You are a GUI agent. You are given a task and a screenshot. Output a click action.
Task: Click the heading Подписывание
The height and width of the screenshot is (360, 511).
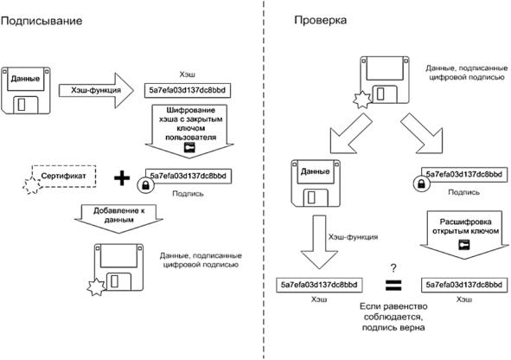[42, 21]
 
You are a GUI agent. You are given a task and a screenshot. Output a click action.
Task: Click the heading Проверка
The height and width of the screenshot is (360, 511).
[321, 20]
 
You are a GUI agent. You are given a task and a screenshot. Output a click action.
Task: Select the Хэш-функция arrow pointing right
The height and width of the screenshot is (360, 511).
[96, 90]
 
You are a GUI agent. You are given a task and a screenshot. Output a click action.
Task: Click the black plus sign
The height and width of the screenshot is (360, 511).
[122, 178]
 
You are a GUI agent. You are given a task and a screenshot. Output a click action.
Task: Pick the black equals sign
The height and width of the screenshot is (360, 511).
[393, 285]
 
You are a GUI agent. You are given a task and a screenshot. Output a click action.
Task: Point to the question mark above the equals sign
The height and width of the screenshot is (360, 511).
[393, 268]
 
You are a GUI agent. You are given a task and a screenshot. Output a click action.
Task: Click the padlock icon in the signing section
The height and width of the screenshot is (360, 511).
[145, 185]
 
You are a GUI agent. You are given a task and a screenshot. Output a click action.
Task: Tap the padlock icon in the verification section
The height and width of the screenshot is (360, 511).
[421, 183]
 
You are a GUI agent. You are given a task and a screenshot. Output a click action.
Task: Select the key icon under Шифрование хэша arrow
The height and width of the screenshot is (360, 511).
[189, 147]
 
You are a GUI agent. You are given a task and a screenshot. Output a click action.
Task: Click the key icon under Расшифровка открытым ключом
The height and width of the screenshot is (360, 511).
[464, 245]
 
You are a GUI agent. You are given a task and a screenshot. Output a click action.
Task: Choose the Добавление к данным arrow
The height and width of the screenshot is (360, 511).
[118, 219]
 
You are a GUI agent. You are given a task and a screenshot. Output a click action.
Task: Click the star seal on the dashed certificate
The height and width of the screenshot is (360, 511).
[32, 186]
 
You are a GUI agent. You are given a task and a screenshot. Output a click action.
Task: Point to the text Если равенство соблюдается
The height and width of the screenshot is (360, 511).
[393, 312]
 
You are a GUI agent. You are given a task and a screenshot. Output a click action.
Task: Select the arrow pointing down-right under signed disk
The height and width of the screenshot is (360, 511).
[422, 133]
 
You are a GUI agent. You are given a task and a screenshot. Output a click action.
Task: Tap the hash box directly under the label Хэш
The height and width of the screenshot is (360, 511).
[188, 90]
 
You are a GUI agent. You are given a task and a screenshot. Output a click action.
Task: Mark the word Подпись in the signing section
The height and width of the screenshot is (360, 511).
[188, 194]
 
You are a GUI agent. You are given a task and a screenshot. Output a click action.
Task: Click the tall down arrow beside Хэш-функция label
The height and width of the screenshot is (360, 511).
[319, 242]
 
